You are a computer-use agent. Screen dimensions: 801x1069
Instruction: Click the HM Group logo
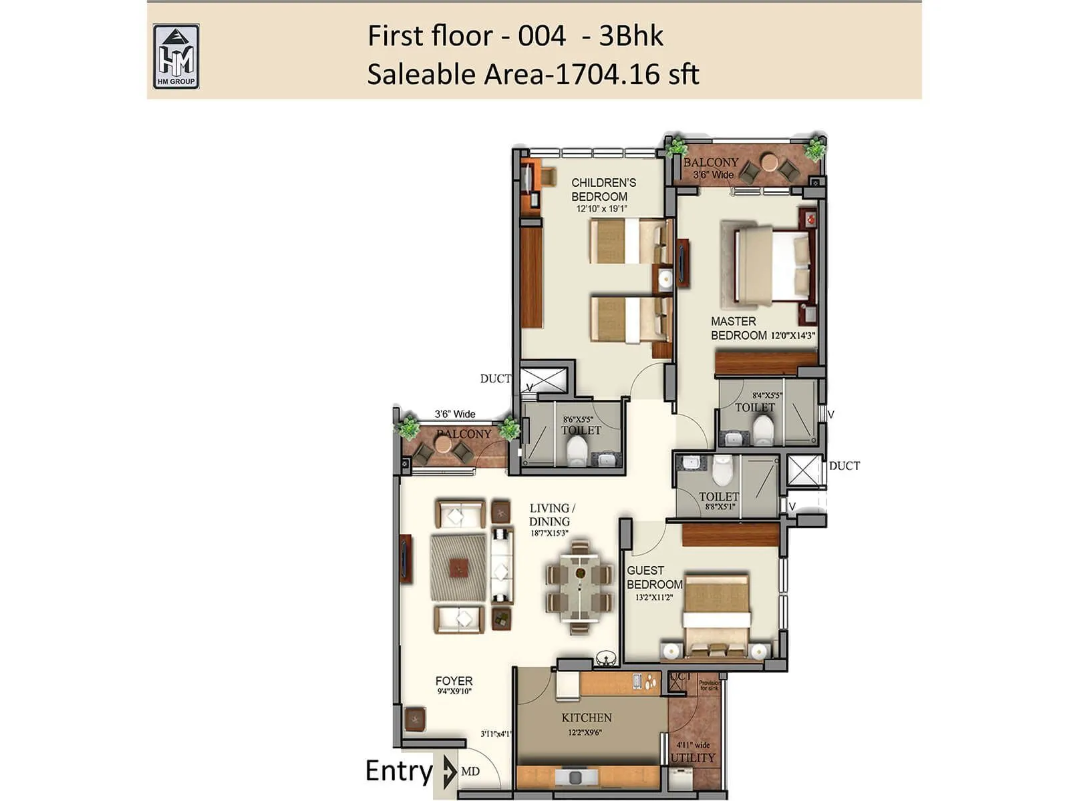click(176, 57)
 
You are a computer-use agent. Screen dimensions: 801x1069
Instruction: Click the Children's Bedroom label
click(603, 190)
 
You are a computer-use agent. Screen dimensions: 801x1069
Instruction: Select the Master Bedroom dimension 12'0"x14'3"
click(793, 336)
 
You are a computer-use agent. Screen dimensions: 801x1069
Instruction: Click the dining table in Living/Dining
click(579, 585)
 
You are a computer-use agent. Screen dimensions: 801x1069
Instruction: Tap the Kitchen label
click(587, 718)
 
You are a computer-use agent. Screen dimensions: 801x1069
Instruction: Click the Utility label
click(693, 758)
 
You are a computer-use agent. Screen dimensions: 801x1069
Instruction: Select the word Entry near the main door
click(398, 771)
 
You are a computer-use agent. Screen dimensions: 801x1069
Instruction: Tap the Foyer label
click(454, 681)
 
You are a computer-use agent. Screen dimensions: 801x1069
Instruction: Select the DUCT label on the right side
click(845, 466)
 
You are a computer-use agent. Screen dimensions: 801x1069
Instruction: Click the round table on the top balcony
click(770, 162)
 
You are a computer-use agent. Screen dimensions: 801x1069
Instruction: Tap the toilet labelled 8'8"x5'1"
click(719, 497)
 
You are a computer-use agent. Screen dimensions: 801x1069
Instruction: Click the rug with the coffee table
click(458, 567)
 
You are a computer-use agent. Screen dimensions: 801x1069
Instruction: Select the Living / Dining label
click(551, 515)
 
